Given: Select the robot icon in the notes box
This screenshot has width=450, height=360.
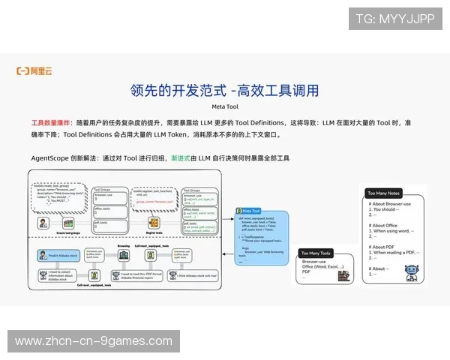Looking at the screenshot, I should tap(411, 274).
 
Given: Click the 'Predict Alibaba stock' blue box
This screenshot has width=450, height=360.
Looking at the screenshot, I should tap(54, 256).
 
